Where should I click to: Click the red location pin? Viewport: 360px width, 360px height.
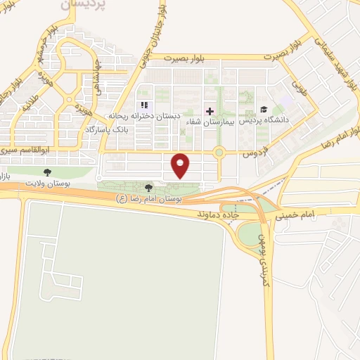click(181, 165)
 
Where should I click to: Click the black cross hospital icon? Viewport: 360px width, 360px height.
click(208, 110)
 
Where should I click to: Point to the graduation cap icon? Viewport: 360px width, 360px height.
click(264, 109)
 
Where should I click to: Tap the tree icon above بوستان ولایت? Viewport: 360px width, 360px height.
click(48, 172)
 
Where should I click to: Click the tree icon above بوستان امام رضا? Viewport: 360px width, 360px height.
click(148, 188)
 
